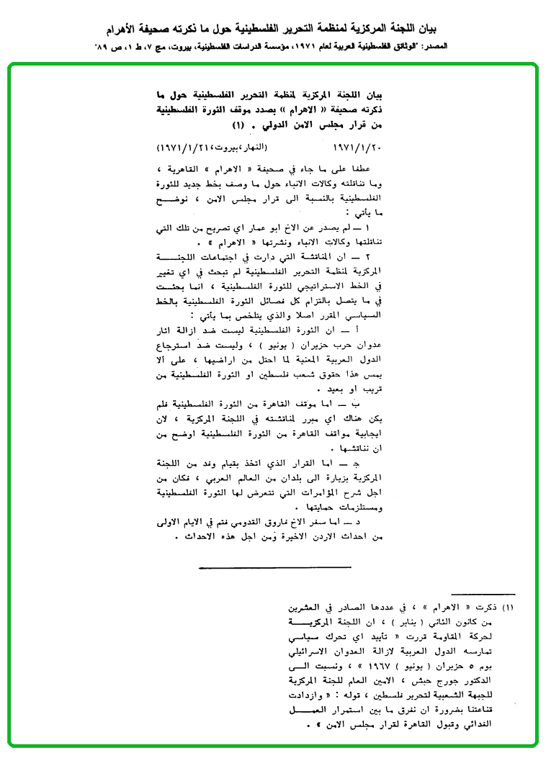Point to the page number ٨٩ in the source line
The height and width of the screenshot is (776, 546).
pos(102,47)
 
